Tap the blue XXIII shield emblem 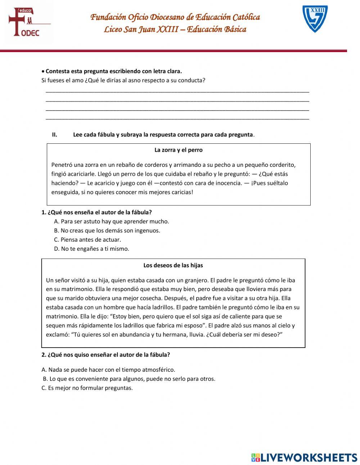pos(315,19)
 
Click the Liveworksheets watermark pos(304,457)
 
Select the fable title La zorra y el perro pos(178,150)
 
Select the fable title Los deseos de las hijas pos(173,265)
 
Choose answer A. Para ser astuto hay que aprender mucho pos(111,222)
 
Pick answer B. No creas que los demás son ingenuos pos(107,231)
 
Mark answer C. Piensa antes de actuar pos(87,240)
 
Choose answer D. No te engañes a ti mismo pos(91,249)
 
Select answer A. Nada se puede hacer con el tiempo pos(108,370)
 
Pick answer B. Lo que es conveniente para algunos pos(129,379)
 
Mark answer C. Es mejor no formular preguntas pos(87,388)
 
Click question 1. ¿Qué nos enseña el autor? pos(96,213)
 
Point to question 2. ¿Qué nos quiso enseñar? pos(105,355)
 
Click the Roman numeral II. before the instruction pos(55,135)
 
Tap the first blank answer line pos(177,91)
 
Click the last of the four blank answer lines pos(177,118)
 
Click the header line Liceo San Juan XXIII pos(175,30)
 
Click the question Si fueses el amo pos(123,80)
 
